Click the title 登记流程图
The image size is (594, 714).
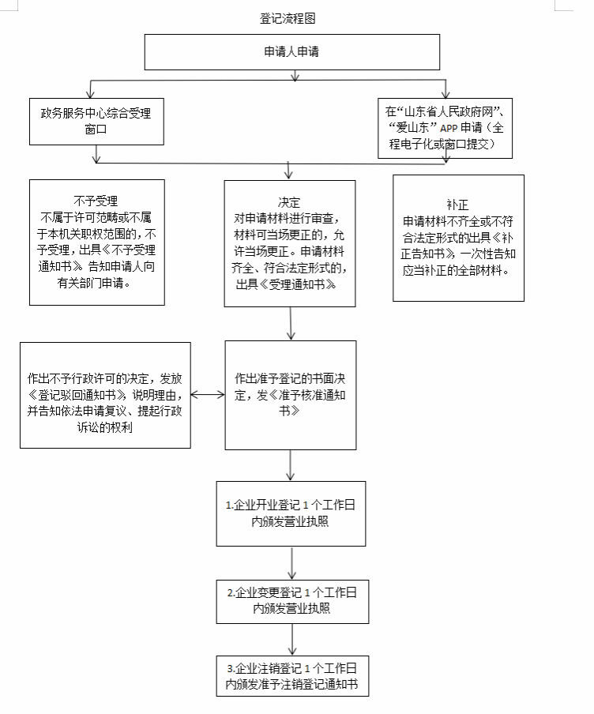pyautogui.click(x=288, y=18)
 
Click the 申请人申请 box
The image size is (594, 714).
pyautogui.click(x=292, y=52)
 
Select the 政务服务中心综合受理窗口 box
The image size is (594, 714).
pyautogui.click(x=96, y=122)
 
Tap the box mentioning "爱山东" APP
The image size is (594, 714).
pyautogui.click(x=445, y=128)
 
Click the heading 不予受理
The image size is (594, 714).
pyautogui.click(x=96, y=201)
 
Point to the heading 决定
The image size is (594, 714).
pyautogui.click(x=289, y=202)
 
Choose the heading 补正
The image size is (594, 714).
pyautogui.click(x=458, y=205)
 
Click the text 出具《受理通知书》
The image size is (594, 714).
pyautogui.click(x=286, y=284)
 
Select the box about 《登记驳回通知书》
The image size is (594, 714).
pyautogui.click(x=105, y=395)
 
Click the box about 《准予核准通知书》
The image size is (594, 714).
pyautogui.click(x=291, y=395)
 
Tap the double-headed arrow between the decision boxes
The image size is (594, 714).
pyautogui.click(x=208, y=395)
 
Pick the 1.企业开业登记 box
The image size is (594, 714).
pyautogui.click(x=291, y=513)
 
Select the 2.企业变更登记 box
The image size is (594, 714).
pyautogui.click(x=292, y=602)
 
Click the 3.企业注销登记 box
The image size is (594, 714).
pyautogui.click(x=292, y=676)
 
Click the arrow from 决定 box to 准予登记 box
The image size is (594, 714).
pyautogui.click(x=291, y=323)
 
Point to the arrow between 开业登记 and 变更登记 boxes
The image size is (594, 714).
pyautogui.click(x=292, y=563)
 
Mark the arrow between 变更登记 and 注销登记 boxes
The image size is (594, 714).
pyautogui.click(x=292, y=640)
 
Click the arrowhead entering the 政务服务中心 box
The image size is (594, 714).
pyautogui.click(x=91, y=93)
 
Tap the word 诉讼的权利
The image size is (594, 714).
pyautogui.click(x=105, y=427)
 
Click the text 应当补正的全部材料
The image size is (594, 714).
pyautogui.click(x=456, y=270)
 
